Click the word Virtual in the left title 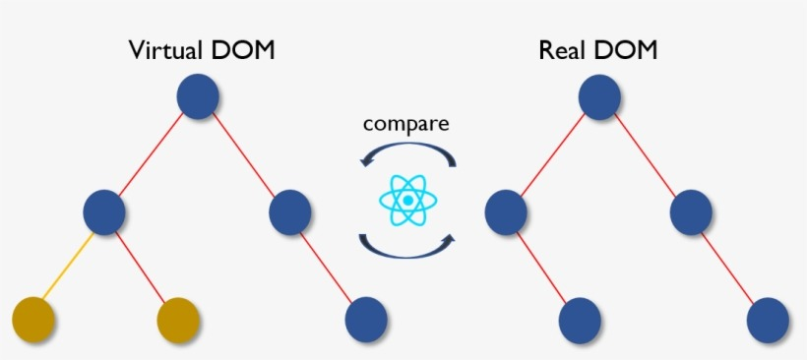pos(165,50)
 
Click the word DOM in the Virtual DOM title pos(241,50)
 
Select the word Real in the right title pos(562,50)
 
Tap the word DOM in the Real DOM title pos(627,50)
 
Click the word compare pos(406,124)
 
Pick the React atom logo pos(406,201)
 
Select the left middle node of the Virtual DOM pos(104,210)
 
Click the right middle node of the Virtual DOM pos(290,210)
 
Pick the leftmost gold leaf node pos(33,319)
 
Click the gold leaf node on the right pos(179,319)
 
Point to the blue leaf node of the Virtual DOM pos(366,319)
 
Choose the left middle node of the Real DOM pos(506,210)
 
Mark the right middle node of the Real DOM pos(692,210)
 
